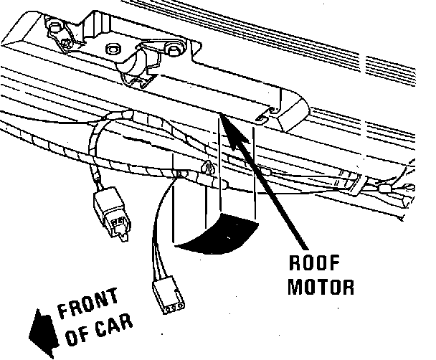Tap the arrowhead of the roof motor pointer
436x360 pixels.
pyautogui.click(x=224, y=117)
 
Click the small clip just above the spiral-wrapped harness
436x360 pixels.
pyautogui.click(x=207, y=169)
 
